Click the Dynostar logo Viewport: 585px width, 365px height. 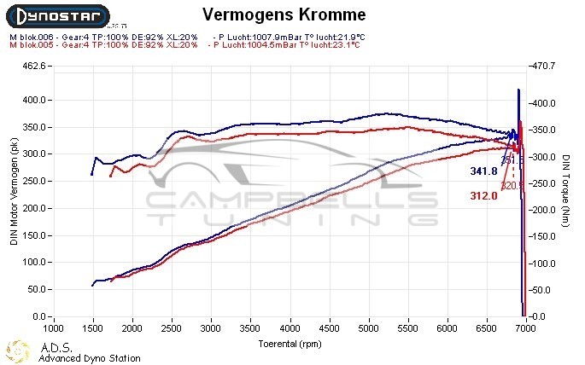[56, 16]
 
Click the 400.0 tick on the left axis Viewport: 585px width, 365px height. [34, 100]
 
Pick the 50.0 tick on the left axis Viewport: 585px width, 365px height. [36, 290]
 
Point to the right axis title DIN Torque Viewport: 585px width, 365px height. [565, 193]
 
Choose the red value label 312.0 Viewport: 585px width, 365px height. [483, 196]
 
